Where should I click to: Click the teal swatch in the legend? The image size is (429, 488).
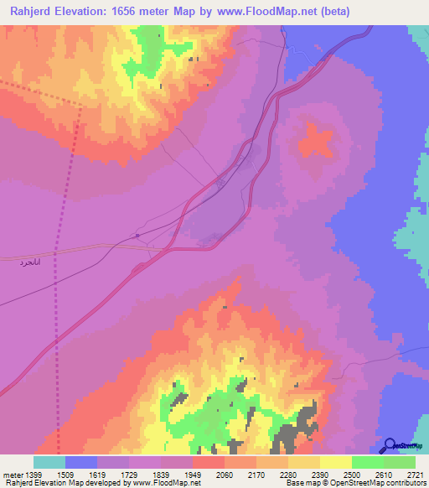49,462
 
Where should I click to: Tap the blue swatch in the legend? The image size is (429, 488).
81,462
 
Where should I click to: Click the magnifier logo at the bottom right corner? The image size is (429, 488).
389,446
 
